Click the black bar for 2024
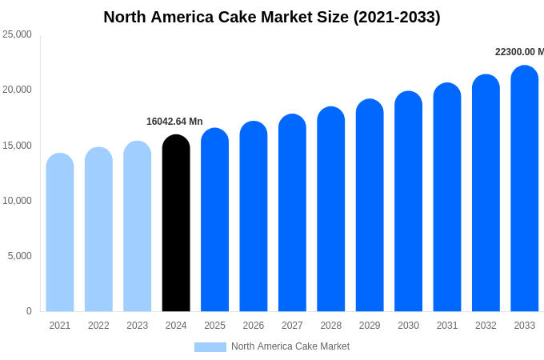click(x=176, y=224)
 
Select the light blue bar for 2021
click(x=60, y=233)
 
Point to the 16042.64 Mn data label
click(x=174, y=122)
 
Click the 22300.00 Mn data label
click(x=519, y=52)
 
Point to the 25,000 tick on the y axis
click(x=17, y=34)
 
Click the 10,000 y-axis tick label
click(x=17, y=201)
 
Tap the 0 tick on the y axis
click(x=29, y=311)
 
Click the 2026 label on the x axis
click(x=254, y=326)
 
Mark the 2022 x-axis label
click(x=98, y=326)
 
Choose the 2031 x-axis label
click(x=447, y=326)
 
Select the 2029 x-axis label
click(x=370, y=326)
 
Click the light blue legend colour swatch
click(x=210, y=347)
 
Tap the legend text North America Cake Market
click(x=290, y=346)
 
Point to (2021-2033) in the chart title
click(x=397, y=17)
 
